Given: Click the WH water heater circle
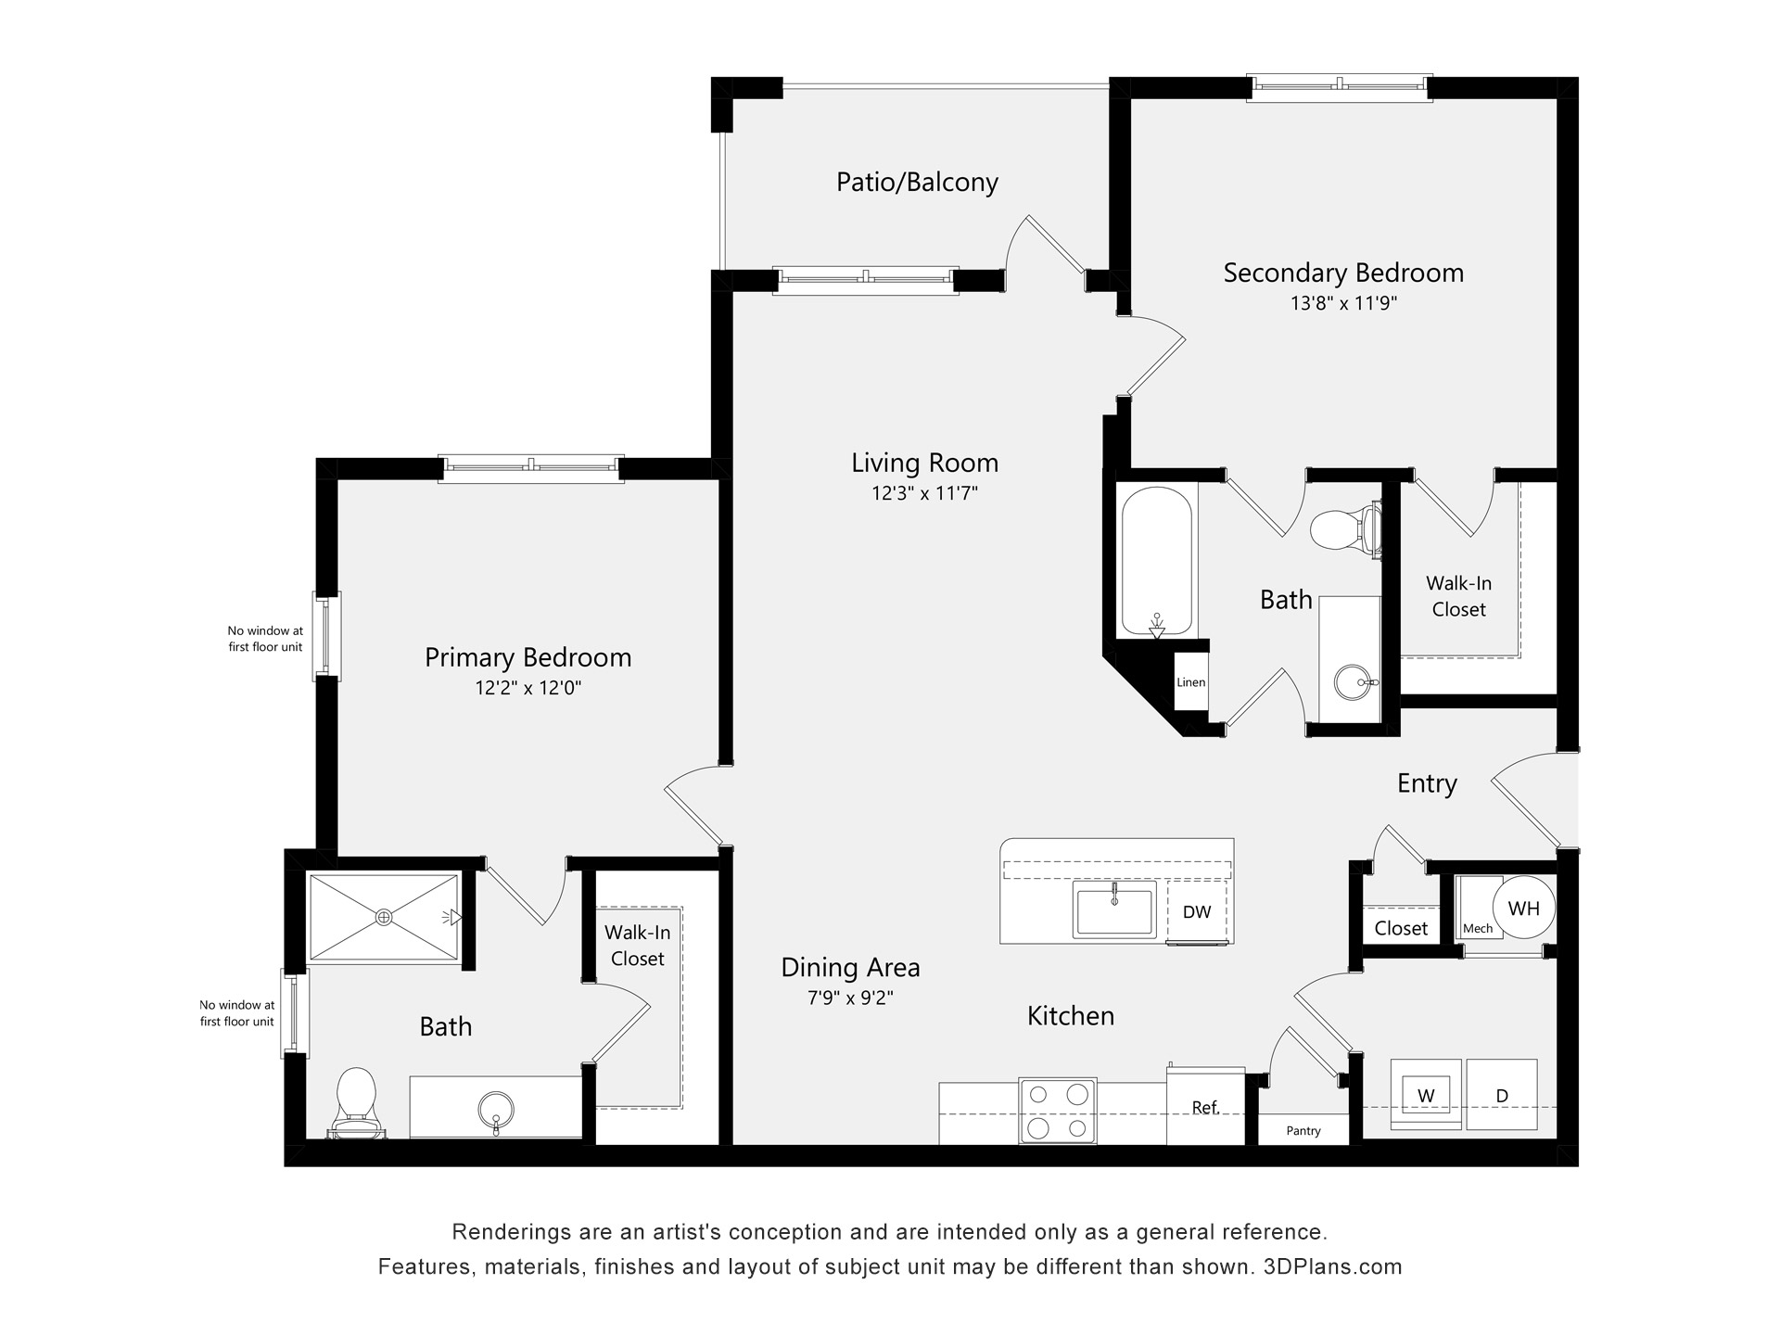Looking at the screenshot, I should tap(1524, 909).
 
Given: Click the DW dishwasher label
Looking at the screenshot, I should tap(1197, 912).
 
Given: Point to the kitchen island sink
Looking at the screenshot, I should tap(1114, 909).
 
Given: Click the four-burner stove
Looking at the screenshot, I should tap(1058, 1111).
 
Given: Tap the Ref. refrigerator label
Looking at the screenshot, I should tap(1205, 1108).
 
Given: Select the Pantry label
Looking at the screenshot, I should tap(1303, 1131).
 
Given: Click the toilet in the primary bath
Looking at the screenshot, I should tap(356, 1099).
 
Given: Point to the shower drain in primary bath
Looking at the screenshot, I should tap(384, 917).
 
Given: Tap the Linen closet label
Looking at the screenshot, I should tap(1190, 682).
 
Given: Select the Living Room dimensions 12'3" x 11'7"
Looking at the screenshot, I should tap(924, 493).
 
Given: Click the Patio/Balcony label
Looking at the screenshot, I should tap(917, 182).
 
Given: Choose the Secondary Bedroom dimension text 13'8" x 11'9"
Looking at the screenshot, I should tap(1343, 303).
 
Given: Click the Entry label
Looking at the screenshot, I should tap(1427, 783).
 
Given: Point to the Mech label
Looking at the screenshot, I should tap(1478, 928).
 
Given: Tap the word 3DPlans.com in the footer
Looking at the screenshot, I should tap(1332, 1266).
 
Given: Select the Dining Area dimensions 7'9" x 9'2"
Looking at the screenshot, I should tap(850, 998).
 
